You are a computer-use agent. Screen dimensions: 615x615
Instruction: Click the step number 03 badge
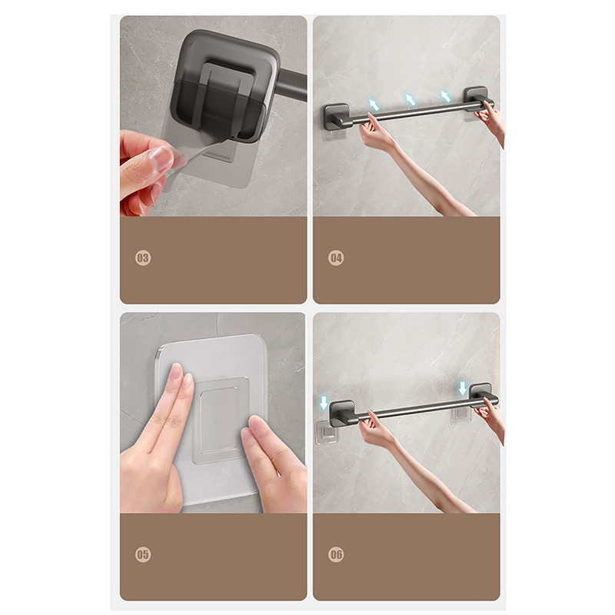pyautogui.click(x=143, y=258)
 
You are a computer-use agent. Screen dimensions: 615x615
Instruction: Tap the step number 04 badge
pyautogui.click(x=336, y=258)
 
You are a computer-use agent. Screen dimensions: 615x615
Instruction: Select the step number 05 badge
pyautogui.click(x=143, y=554)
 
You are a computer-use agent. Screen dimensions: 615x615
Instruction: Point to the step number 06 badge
pyautogui.click(x=336, y=554)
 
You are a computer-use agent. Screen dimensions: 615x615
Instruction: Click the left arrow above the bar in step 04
pyautogui.click(x=374, y=105)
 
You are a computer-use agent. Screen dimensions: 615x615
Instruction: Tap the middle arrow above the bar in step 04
pyautogui.click(x=411, y=100)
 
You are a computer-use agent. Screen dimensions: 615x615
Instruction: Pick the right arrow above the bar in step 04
pyautogui.click(x=445, y=95)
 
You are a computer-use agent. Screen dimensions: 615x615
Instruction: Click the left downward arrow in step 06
pyautogui.click(x=324, y=403)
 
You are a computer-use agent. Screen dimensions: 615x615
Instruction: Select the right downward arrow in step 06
pyautogui.click(x=463, y=388)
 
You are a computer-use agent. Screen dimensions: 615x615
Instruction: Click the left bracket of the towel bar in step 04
pyautogui.click(x=337, y=117)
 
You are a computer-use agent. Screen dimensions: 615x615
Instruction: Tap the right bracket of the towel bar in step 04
pyautogui.click(x=477, y=99)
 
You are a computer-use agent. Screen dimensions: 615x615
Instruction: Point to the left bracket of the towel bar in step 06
pyautogui.click(x=342, y=414)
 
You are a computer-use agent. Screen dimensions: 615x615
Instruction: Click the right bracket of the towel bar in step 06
pyautogui.click(x=481, y=395)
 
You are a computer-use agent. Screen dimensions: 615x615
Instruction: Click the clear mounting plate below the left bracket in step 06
pyautogui.click(x=326, y=433)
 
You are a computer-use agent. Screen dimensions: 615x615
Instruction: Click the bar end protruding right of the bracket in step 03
pyautogui.click(x=292, y=85)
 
